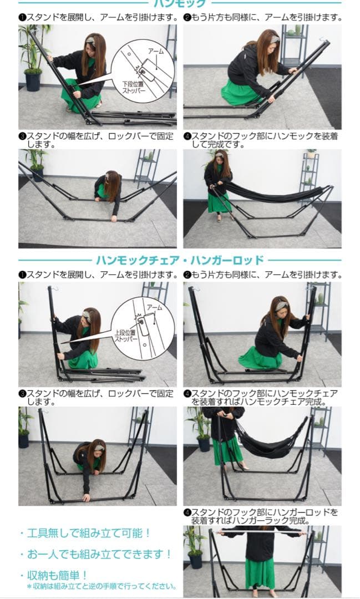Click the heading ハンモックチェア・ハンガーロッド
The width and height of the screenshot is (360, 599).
click(x=180, y=260)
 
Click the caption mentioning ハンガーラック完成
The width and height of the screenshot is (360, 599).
click(x=261, y=516)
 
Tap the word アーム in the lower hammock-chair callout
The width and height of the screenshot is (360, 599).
click(x=154, y=307)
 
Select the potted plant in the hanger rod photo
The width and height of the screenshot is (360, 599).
click(x=194, y=549)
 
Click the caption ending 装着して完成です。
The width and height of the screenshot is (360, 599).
click(x=261, y=140)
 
